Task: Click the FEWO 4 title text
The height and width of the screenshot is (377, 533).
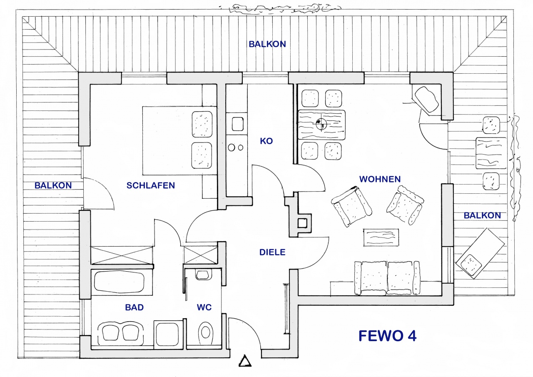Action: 387,336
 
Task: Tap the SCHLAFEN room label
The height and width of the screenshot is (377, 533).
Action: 151,185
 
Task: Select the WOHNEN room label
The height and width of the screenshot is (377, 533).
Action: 380,179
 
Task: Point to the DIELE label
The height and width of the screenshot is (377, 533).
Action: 272,252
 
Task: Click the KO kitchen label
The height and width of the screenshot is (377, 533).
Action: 266,141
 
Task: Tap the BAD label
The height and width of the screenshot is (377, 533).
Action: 134,307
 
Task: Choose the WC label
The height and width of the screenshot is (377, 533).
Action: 204,307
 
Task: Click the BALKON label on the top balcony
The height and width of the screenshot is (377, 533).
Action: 267,44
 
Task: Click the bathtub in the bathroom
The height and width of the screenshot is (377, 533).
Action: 119,282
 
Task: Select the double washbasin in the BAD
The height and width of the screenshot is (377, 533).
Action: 120,333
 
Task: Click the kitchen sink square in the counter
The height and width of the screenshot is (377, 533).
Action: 237,124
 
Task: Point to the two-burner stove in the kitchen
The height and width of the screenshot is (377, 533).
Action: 236,147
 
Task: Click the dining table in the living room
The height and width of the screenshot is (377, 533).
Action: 321,125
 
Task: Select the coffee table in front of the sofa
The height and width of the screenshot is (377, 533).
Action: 381,237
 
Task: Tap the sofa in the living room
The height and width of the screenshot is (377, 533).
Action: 387,278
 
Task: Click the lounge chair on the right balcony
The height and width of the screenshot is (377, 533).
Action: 480,253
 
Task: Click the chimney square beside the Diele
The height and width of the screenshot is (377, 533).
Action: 303,223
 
